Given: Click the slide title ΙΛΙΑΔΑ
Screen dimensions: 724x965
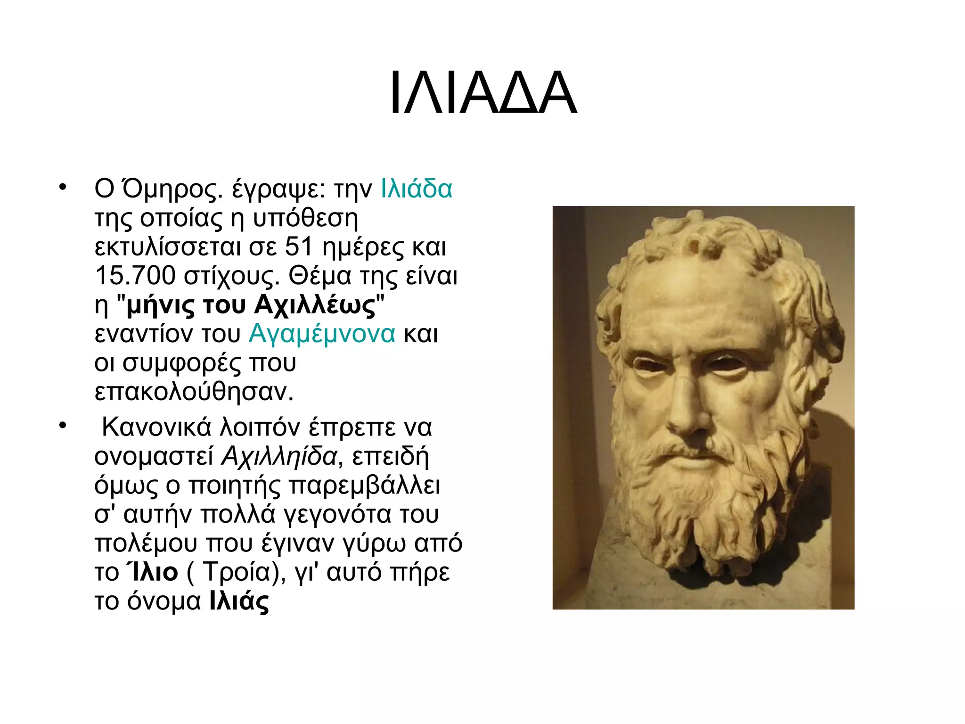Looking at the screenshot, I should pos(482,93).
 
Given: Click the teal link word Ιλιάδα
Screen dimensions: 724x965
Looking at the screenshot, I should pos(416,189).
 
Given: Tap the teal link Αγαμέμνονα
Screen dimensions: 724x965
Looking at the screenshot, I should pos(322,334).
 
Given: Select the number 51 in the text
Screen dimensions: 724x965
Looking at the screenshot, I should pos(299,247).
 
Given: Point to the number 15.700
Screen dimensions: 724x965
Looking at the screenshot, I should pos(135,276).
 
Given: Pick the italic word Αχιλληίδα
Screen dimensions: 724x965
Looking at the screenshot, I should pos(279,456).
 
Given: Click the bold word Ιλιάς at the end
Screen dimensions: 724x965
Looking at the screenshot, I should pos(239,601).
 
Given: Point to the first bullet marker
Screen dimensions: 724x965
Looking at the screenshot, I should pos(63,187).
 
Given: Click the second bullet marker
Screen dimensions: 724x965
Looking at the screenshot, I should pos(63,425).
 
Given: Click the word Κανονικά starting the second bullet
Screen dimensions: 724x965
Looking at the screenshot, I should pos(156,427).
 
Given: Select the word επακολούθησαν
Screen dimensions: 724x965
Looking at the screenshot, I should pos(194,392).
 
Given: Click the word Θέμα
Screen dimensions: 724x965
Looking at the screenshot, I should pos(320,276).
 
